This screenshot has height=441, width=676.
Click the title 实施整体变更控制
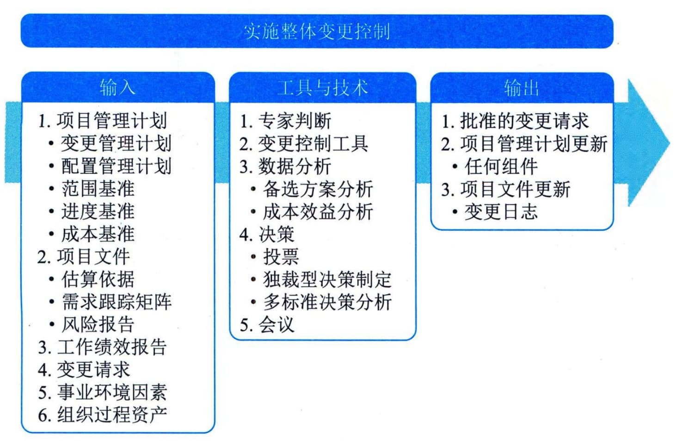pyautogui.click(x=317, y=31)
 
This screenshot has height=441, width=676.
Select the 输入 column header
pyautogui.click(x=118, y=87)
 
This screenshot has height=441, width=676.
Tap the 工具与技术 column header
pyautogui.click(x=322, y=87)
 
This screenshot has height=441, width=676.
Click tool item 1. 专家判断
pyautogui.click(x=285, y=121)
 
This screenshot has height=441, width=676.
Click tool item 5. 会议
pyautogui.click(x=267, y=325)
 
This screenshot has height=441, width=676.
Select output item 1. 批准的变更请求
pyautogui.click(x=515, y=121)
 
